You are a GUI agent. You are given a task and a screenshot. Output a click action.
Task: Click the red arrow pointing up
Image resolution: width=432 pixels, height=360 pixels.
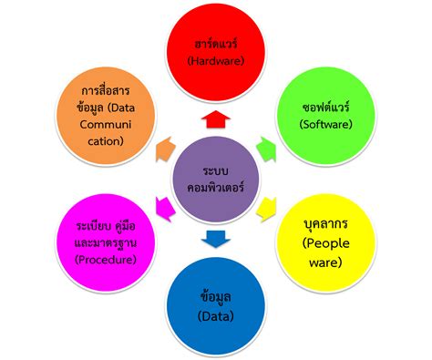[216, 118]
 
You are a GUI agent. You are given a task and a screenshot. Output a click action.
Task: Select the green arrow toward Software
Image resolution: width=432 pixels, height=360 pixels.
[265, 145]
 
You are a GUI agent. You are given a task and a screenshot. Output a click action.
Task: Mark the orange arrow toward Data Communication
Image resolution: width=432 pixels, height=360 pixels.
[165, 145]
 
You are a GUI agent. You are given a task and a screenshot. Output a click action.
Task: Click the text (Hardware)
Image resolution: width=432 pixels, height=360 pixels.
[216, 61]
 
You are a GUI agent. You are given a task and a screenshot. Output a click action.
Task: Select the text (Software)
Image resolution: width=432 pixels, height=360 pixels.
[324, 123]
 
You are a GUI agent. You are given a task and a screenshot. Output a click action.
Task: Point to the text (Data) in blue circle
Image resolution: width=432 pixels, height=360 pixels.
[215, 315]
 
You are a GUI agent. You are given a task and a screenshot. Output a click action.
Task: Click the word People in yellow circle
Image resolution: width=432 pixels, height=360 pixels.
[324, 243]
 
